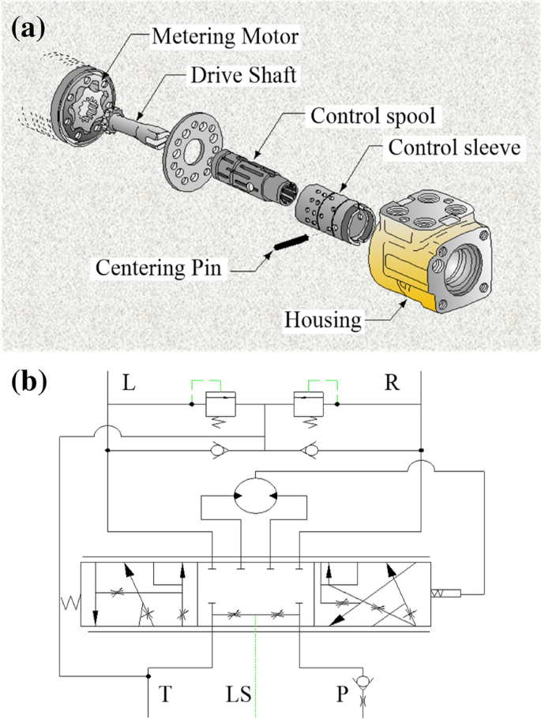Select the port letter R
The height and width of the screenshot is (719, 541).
click(392, 384)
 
